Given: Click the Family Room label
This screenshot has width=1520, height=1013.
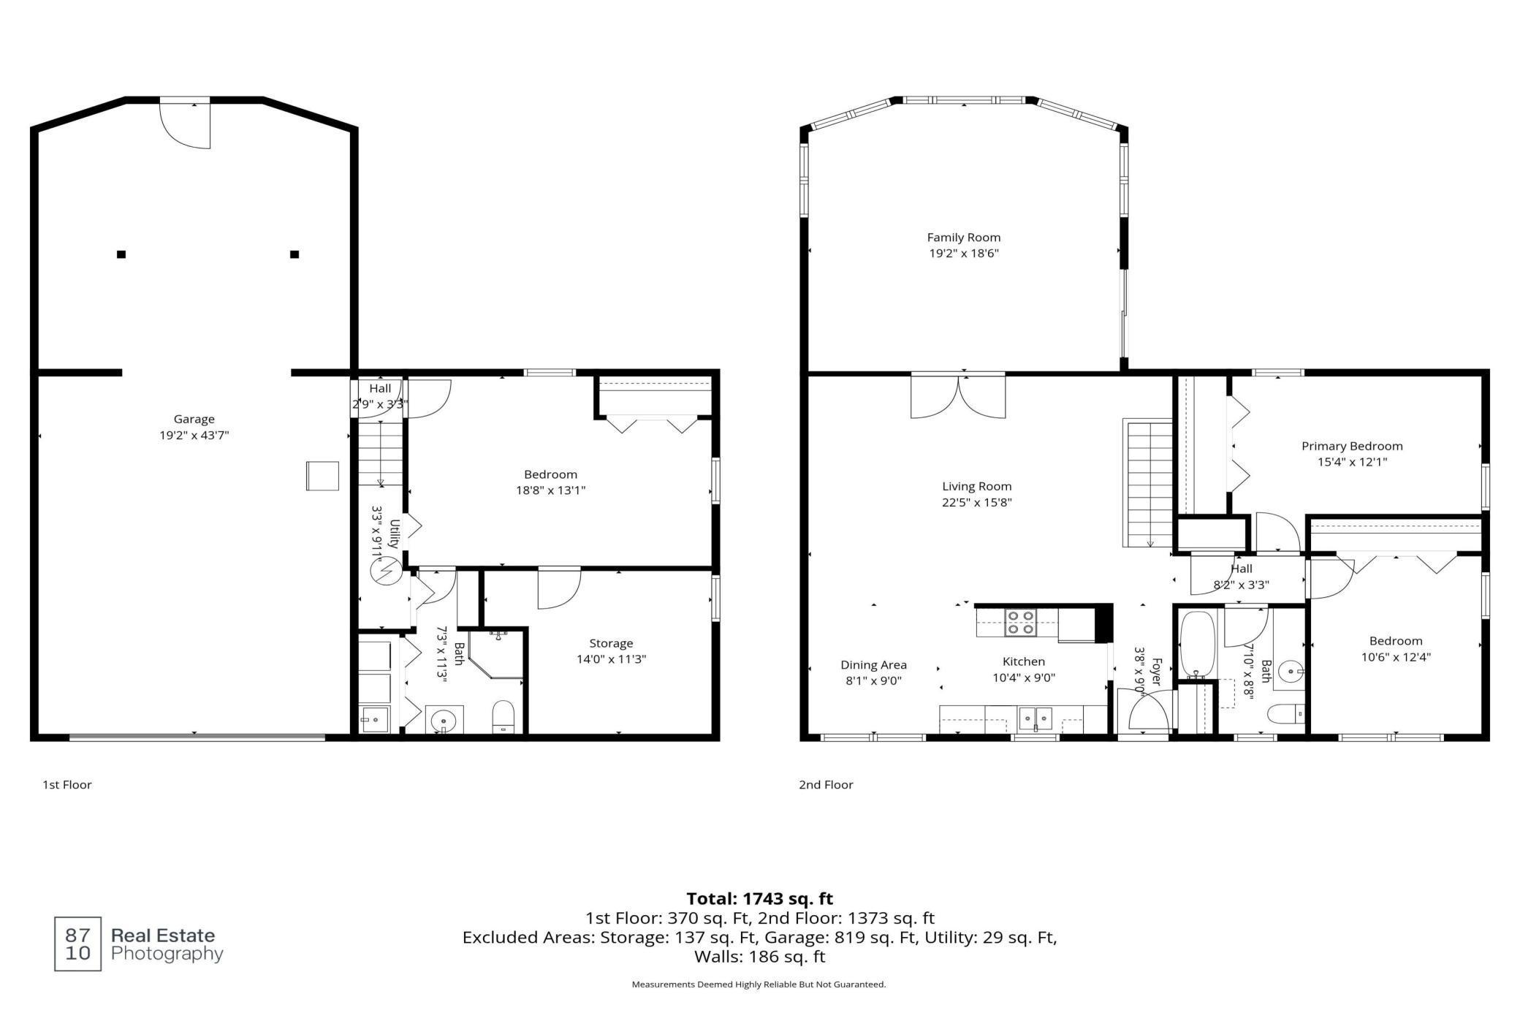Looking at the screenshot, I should pos(963,238).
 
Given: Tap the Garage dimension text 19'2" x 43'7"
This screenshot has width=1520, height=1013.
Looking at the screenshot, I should pos(194,436).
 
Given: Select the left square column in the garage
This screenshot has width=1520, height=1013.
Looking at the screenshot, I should pos(121,254).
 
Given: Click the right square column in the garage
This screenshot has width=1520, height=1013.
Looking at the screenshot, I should pos(294,254).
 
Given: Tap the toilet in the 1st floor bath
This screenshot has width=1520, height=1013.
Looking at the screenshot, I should pos(503,716).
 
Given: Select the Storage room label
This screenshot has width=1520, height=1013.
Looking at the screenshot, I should pos(611,643).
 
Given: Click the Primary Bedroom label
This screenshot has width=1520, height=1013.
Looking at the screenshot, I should pos(1352,446).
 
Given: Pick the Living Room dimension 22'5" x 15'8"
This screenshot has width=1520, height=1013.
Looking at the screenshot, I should pos(976,503).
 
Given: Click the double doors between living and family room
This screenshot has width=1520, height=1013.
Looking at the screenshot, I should pos(957,396).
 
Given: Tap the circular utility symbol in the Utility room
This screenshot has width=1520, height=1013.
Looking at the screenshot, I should pos(386,570).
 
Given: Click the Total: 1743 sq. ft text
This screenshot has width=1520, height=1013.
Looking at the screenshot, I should pos(759,898).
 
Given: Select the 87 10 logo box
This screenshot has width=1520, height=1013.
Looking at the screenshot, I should pos(78,944).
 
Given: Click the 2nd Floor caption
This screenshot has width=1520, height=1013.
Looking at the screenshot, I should pos(826,785).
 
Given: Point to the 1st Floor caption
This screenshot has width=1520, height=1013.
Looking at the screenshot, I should pos(67,785).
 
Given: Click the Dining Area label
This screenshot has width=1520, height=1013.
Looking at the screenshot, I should pos(873,665).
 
